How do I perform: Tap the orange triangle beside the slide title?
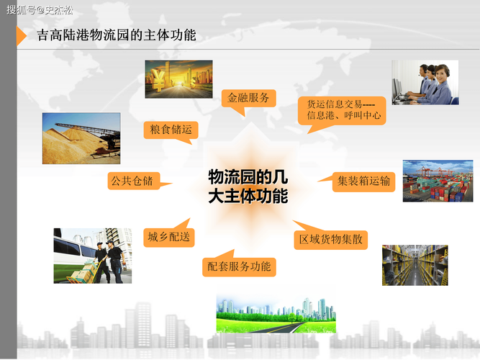[x=21, y=35]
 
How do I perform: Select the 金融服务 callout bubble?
[x=248, y=97]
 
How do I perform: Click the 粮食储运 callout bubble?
[x=170, y=129]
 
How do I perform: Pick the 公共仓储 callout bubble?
[x=130, y=181]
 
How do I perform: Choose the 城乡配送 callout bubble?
[x=169, y=236]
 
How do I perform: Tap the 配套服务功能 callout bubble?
[x=239, y=266]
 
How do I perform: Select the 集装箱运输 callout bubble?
[x=363, y=181]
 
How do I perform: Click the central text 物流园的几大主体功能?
[x=248, y=186]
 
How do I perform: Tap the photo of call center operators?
[x=425, y=82]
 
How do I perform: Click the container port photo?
[x=427, y=181]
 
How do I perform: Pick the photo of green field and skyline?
[x=267, y=313]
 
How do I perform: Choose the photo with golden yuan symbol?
[x=178, y=78]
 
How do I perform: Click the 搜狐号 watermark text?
[x=40, y=10]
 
